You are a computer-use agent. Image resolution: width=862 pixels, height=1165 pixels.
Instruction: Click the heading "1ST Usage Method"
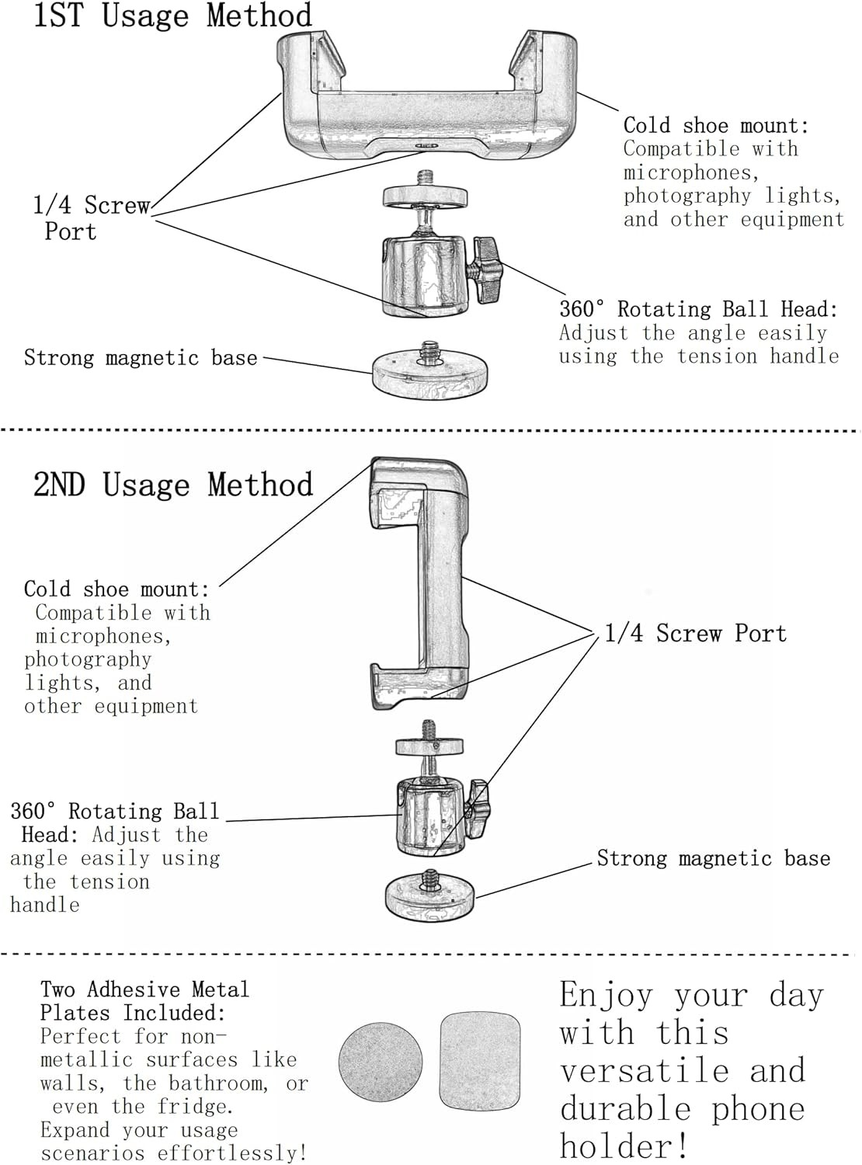pyautogui.click(x=172, y=16)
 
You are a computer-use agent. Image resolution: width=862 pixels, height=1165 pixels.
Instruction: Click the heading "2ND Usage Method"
pyautogui.click(x=172, y=485)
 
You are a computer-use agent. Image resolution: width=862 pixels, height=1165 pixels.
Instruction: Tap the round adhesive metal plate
pyautogui.click(x=381, y=1062)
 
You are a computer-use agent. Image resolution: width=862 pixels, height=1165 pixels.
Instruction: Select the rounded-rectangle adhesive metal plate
pyautogui.click(x=480, y=1062)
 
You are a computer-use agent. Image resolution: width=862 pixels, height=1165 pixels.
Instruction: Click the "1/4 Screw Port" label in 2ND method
pyautogui.click(x=696, y=634)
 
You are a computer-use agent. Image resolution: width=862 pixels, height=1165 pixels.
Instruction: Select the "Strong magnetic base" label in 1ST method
pyautogui.click(x=141, y=358)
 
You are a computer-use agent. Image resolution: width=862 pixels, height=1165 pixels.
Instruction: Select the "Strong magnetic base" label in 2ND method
pyautogui.click(x=714, y=858)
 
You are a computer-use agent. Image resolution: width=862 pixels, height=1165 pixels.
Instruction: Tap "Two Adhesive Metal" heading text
pyautogui.click(x=144, y=989)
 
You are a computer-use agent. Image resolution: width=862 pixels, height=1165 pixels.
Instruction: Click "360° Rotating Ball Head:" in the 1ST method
pyautogui.click(x=698, y=309)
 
